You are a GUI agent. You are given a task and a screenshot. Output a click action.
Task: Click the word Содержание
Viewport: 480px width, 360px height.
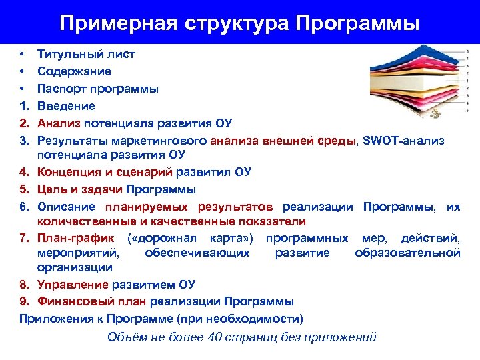coord(74,71)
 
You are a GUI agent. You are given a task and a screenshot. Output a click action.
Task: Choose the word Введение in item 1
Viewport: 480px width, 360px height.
coord(66,106)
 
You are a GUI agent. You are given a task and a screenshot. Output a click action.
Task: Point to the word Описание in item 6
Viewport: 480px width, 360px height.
coord(66,207)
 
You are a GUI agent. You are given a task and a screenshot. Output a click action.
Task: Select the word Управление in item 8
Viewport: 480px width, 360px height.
coord(73,285)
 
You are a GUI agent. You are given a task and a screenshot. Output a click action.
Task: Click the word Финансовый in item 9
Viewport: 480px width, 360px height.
coord(75,301)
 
